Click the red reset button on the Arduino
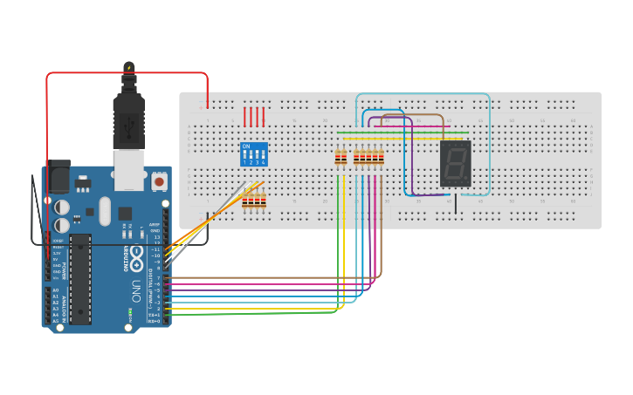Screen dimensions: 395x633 [x=159, y=180]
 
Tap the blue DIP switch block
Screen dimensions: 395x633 [x=253, y=154]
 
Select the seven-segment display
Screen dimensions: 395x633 [x=455, y=162]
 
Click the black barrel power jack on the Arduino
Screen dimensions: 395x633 [x=59, y=177]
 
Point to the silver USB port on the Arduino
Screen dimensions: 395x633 [x=130, y=169]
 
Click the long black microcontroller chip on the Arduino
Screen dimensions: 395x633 [x=80, y=278]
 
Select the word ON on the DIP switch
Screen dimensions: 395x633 [x=245, y=146]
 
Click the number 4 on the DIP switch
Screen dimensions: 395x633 [x=263, y=162]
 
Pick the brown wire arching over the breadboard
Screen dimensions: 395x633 [x=428, y=115]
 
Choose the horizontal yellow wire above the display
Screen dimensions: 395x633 [x=410, y=138]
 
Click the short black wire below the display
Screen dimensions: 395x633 [x=455, y=205]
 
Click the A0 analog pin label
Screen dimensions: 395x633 [x=56, y=289]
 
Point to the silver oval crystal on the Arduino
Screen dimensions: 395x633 [x=106, y=210]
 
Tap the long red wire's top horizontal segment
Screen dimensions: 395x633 [x=127, y=73]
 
